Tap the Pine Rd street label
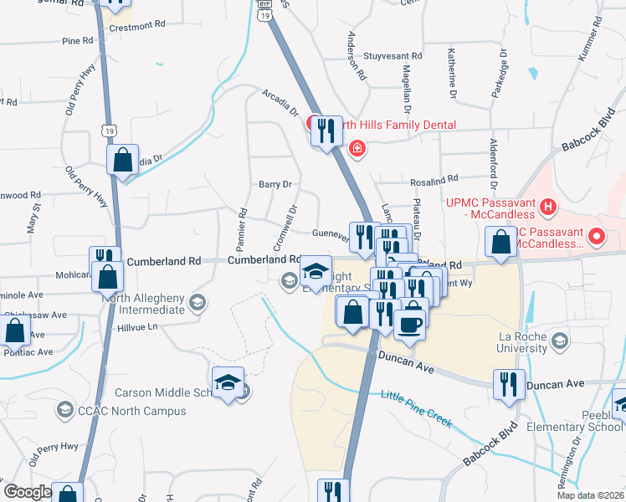(x=77, y=40)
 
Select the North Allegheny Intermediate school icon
(x=198, y=302)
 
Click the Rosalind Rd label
(x=434, y=179)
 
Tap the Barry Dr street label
(x=274, y=184)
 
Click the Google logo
(x=28, y=492)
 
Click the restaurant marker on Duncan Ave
(x=508, y=384)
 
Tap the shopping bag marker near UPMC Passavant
(x=500, y=243)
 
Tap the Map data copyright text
(x=591, y=495)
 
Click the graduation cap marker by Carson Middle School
(x=228, y=382)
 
